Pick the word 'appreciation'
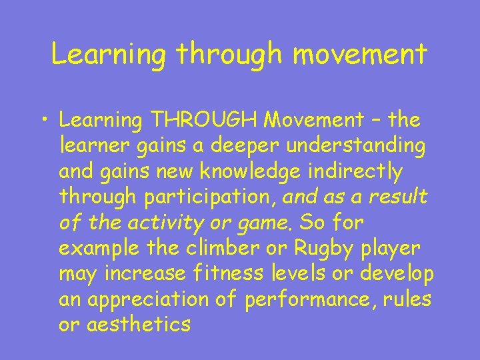coord(147,300)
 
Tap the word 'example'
coord(101,249)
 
